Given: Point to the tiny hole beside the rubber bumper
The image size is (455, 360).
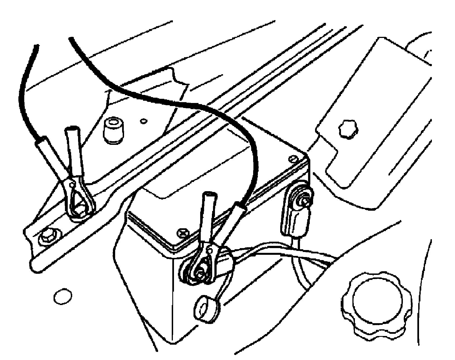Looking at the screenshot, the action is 144,121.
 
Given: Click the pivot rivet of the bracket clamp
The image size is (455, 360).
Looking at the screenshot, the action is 72,184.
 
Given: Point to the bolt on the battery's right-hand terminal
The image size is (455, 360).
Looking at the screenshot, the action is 303,199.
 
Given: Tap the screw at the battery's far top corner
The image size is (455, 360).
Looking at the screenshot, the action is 293,159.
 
